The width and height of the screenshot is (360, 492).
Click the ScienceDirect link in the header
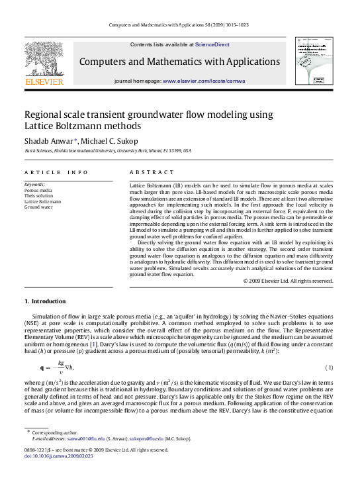(212, 44)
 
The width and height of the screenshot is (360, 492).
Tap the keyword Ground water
(38, 207)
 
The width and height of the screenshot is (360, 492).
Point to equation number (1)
(329, 368)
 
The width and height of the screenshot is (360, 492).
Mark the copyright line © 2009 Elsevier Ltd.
(288, 281)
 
